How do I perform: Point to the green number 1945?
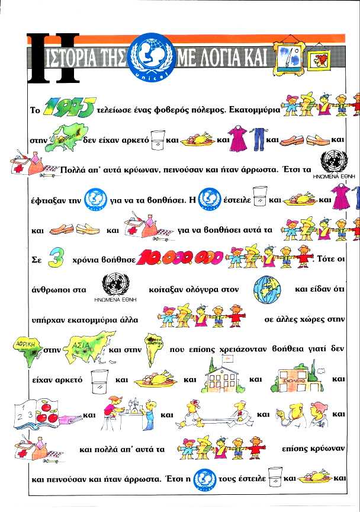pos(69,108)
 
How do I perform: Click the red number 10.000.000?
pos(171,258)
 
